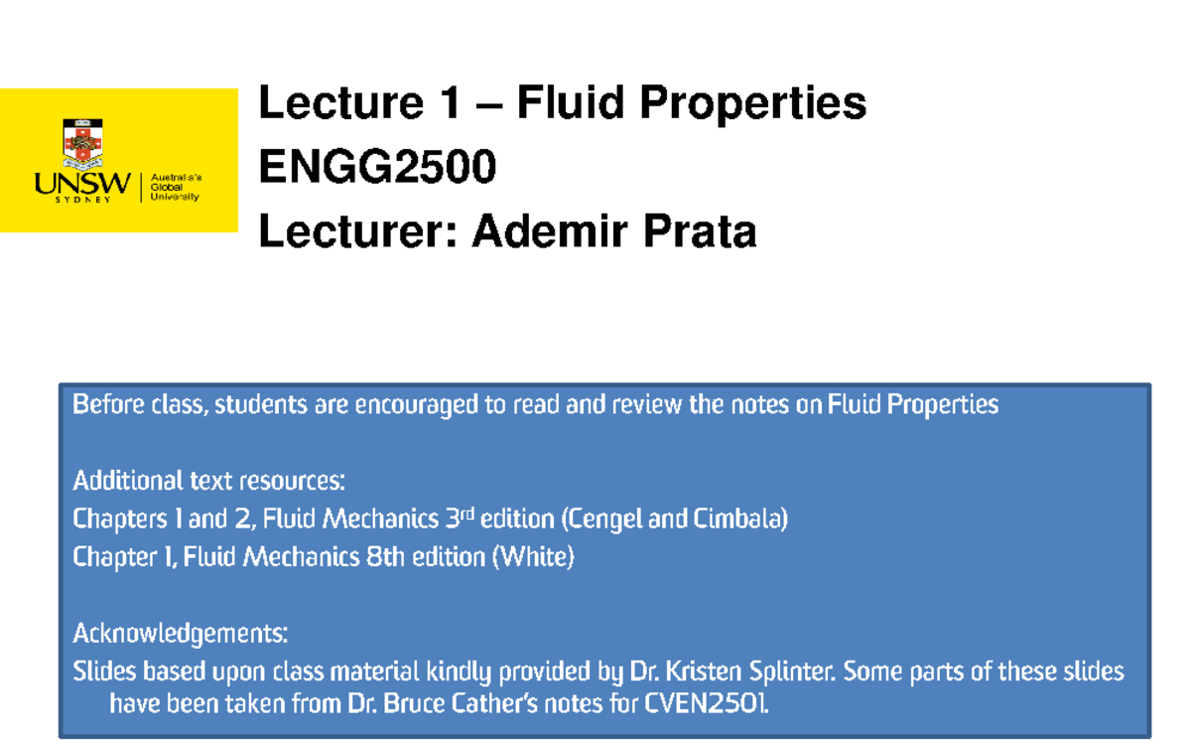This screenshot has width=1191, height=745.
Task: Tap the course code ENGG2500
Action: (377, 168)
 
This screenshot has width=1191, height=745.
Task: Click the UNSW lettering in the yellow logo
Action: (82, 184)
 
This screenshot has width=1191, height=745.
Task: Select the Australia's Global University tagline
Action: (176, 187)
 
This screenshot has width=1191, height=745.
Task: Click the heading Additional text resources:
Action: (209, 482)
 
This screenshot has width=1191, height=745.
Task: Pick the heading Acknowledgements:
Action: (181, 633)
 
